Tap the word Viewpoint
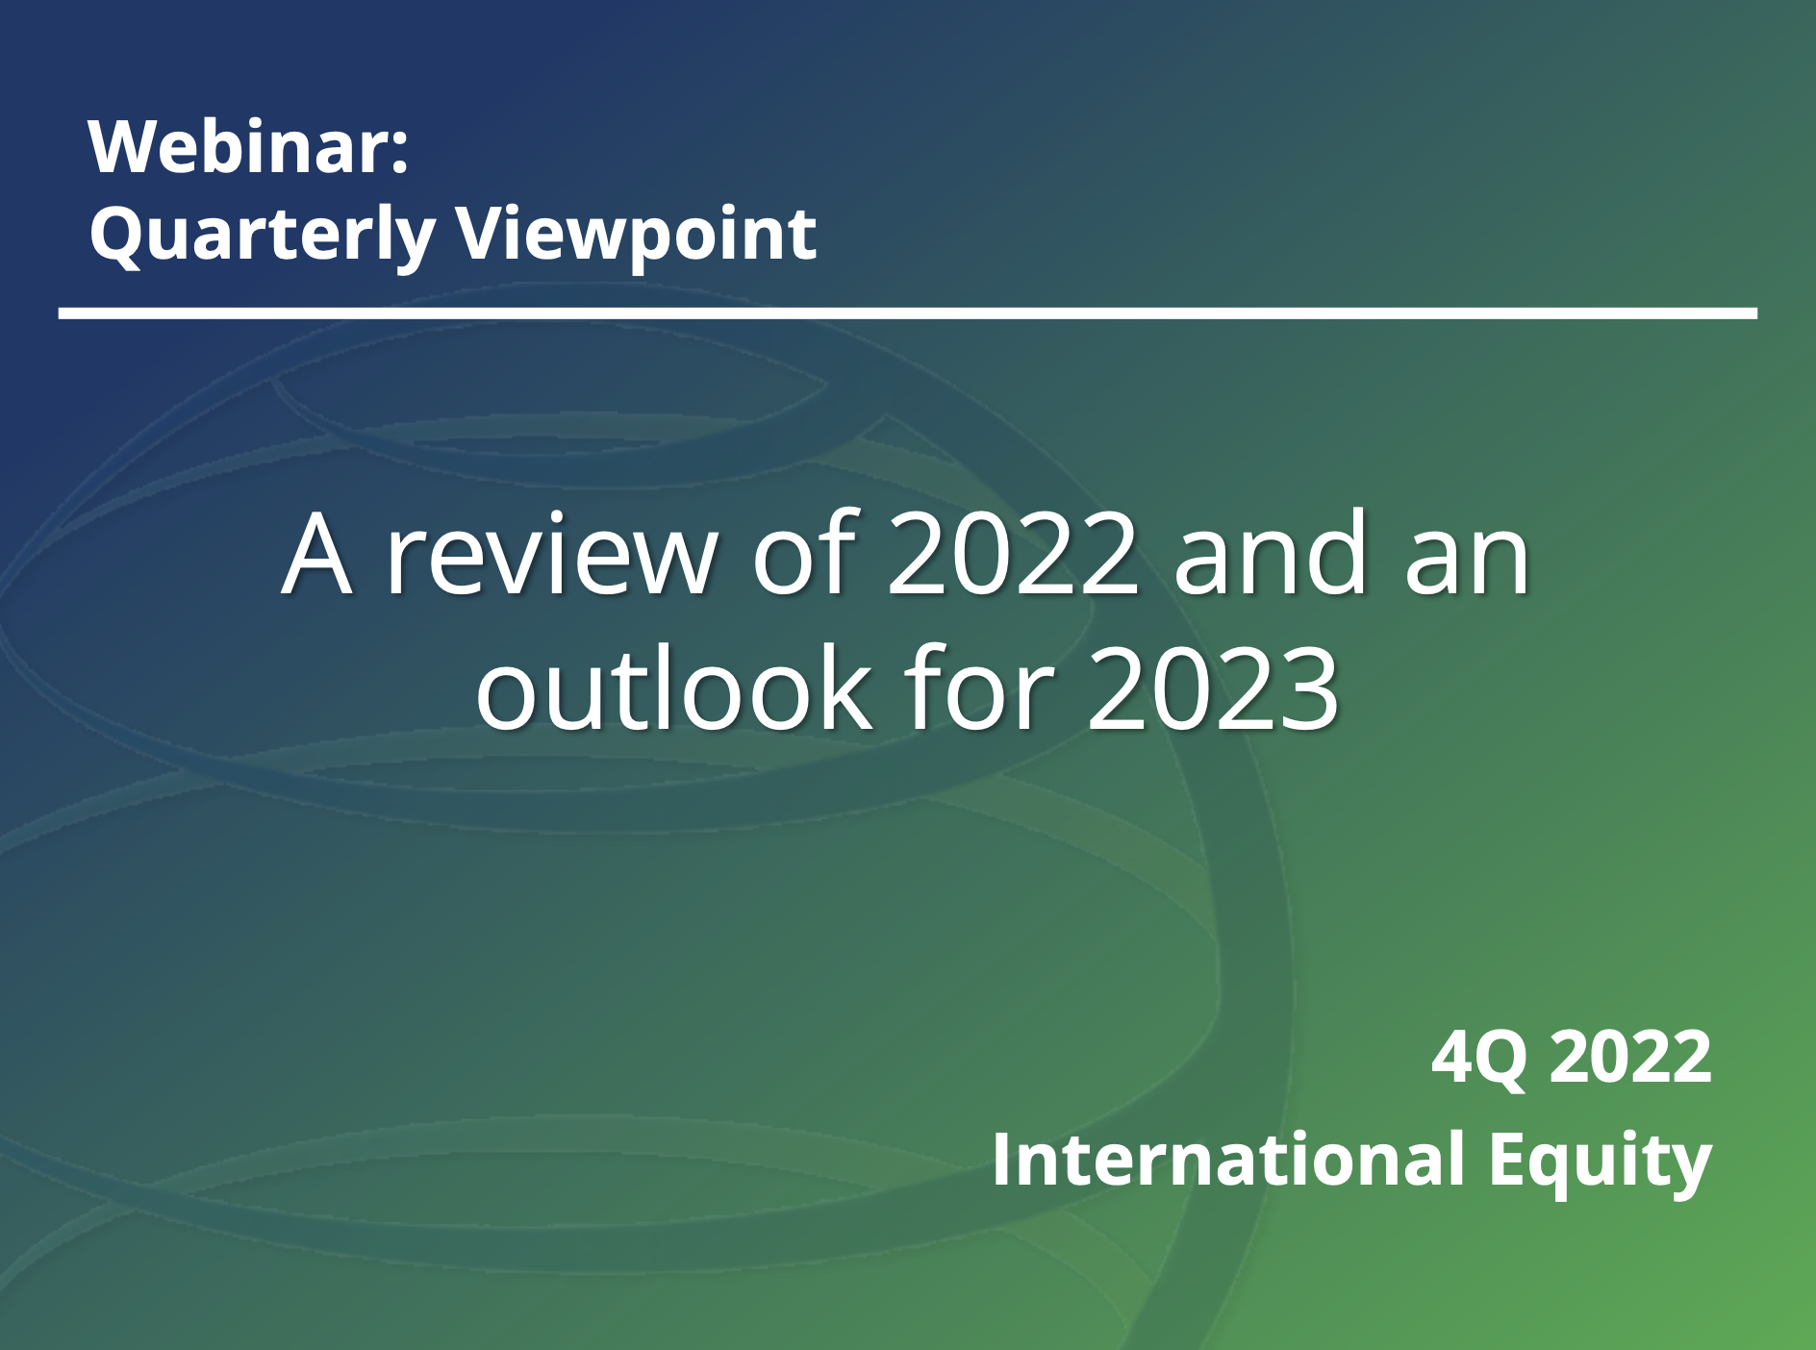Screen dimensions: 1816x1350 point(636,236)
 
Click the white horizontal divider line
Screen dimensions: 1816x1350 point(908,313)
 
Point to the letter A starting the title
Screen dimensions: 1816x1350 point(316,556)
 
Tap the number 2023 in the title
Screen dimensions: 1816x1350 point(1213,690)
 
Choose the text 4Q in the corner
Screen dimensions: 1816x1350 point(1479,1059)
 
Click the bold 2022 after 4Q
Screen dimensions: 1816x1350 point(1631,1057)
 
